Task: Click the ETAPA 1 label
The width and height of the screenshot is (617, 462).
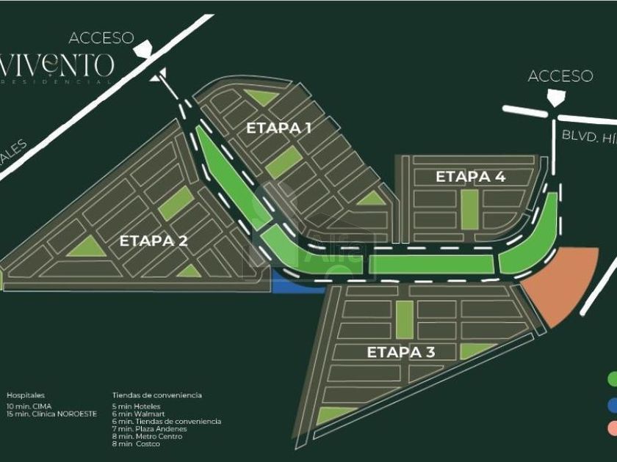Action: pyautogui.click(x=278, y=128)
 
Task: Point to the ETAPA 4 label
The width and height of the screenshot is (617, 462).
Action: pyautogui.click(x=471, y=177)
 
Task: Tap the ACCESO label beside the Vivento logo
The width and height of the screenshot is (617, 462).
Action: pyautogui.click(x=101, y=37)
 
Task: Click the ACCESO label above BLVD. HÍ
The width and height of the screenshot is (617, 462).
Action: pyautogui.click(x=560, y=76)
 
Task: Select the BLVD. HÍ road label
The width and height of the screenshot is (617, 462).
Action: pyautogui.click(x=588, y=135)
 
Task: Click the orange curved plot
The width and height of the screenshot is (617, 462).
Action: pyautogui.click(x=564, y=286)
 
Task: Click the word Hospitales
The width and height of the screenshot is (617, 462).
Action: pyautogui.click(x=26, y=395)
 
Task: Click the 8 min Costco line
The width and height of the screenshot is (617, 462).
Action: pyautogui.click(x=136, y=444)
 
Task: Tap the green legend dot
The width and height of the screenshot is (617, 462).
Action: pyautogui.click(x=612, y=378)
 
